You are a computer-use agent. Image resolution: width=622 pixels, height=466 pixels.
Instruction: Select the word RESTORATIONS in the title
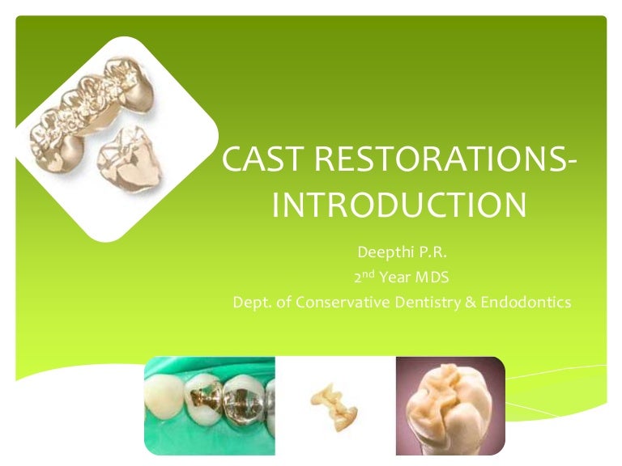point(428,160)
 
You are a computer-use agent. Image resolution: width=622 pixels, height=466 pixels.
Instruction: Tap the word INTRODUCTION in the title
point(399,205)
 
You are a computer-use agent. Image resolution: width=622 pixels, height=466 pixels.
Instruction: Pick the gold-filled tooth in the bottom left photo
point(209,404)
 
